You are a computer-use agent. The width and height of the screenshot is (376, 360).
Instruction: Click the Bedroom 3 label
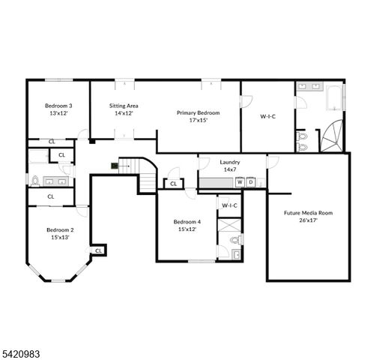(x=58, y=106)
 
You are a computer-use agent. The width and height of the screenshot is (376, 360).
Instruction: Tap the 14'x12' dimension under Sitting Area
(x=124, y=114)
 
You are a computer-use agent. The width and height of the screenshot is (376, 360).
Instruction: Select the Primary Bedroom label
(x=198, y=112)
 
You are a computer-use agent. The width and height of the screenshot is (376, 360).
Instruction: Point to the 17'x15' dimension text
(x=198, y=120)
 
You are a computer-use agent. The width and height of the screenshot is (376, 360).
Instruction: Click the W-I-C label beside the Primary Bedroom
(x=267, y=116)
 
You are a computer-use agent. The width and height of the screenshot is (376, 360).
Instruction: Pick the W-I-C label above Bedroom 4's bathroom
(x=229, y=205)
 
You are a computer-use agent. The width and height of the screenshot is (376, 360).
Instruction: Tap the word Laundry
(x=229, y=162)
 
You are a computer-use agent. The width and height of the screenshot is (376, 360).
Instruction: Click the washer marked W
(x=240, y=182)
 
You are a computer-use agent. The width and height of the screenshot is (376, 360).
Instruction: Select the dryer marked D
(x=251, y=182)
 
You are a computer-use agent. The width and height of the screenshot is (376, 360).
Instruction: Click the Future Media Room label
(x=308, y=213)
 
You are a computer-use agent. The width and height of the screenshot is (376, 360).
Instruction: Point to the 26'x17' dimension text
(x=308, y=221)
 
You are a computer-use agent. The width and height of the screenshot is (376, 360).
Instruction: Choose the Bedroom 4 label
(x=187, y=222)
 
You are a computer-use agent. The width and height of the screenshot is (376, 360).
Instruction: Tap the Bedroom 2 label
(x=59, y=229)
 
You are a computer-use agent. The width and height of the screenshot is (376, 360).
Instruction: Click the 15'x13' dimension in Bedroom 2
(x=59, y=238)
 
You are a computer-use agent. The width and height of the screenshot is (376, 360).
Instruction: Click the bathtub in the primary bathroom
(x=333, y=97)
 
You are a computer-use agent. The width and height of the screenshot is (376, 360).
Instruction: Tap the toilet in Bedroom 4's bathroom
(x=234, y=241)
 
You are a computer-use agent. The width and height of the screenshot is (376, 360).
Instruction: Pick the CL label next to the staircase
(x=173, y=183)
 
